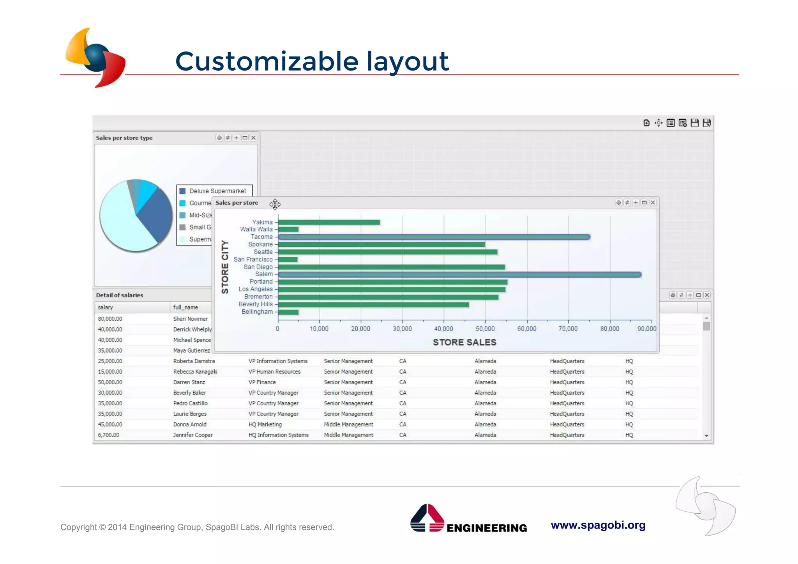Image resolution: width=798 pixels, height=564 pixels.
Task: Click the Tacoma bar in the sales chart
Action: pos(434,237)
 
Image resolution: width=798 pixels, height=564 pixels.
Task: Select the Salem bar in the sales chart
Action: pos(460,274)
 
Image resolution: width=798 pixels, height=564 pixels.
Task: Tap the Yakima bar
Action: pos(329,222)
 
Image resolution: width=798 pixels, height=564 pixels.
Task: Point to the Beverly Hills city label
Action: pos(256,304)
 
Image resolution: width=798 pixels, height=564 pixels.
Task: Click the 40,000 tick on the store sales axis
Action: pos(443,329)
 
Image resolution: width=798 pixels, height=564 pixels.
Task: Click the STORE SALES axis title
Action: pos(464,342)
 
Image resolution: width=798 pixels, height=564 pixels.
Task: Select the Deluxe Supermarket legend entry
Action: pos(217,191)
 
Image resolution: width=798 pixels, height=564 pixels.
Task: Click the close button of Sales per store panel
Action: pos(653,202)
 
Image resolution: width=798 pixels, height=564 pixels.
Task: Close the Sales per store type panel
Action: pos(254,138)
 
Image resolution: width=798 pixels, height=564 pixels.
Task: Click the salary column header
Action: pos(106,307)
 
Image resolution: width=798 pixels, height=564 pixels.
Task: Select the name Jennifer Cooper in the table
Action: pos(193,435)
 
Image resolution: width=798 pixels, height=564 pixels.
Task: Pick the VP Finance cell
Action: pos(262,382)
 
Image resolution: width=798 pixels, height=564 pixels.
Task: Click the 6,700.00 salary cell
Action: pos(109,435)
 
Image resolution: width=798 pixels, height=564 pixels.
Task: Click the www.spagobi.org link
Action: pos(598,525)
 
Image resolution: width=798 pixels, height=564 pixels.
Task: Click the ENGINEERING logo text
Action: pos(487,528)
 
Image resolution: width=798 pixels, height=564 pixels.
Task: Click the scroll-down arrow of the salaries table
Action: pos(706,436)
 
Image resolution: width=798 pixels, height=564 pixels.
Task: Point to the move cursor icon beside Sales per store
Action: pos(275,204)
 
